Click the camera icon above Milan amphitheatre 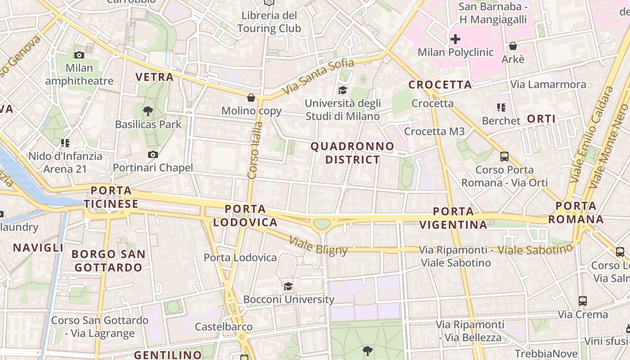79,55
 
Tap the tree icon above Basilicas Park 148,111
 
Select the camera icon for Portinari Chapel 153,155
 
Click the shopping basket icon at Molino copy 251,98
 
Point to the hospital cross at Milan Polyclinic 455,39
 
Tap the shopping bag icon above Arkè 513,46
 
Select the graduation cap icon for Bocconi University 288,286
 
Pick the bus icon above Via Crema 583,301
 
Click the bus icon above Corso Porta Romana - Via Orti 504,157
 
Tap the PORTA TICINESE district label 111,197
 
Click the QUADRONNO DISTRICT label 352,153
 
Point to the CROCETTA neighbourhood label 440,85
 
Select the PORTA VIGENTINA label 454,218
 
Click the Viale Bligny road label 319,246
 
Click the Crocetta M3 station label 434,131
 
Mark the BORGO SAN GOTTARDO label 108,261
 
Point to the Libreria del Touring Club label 269,22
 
